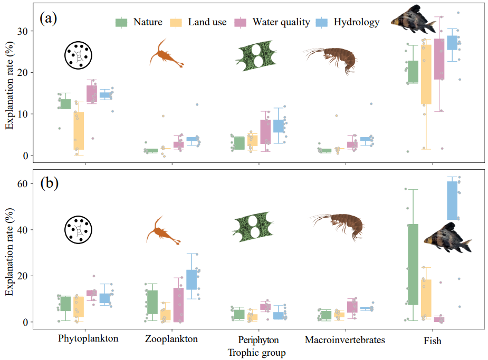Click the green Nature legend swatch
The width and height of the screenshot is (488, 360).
122,22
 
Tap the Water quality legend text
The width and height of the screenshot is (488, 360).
281,22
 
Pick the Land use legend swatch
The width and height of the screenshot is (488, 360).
176,22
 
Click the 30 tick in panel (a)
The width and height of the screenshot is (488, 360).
26,31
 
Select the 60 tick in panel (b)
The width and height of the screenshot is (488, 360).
26,183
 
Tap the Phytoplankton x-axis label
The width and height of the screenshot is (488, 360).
88,339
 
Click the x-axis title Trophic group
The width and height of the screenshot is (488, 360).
256,353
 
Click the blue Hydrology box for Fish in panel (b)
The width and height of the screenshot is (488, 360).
452,200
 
